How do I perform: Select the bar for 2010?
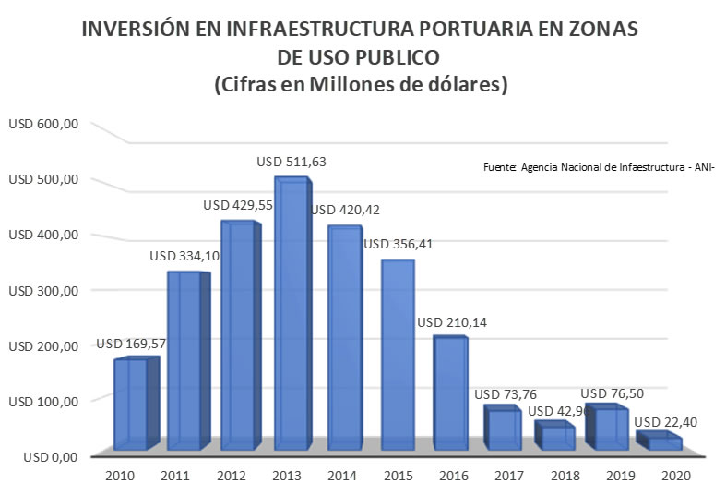coord(130,405)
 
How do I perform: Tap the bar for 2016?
coord(450,393)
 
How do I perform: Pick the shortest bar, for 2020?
coord(663,443)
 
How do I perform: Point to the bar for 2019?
coord(610,429)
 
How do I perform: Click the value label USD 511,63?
coord(292,162)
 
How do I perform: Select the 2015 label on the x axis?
coord(397,476)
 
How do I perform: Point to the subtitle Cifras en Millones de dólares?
coord(362,85)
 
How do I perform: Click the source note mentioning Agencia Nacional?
coord(599,167)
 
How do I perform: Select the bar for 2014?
coord(343,338)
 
